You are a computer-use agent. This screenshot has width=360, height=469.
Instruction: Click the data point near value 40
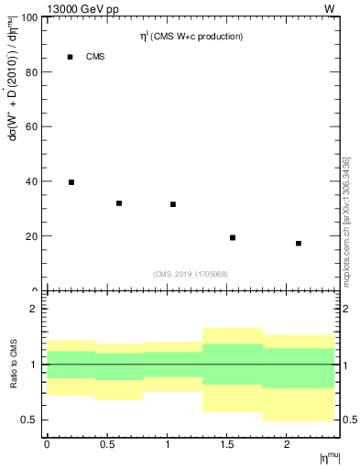click(x=71, y=182)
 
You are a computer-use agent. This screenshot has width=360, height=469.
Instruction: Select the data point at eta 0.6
click(x=119, y=203)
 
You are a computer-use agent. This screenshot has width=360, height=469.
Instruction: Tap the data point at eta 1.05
click(x=173, y=204)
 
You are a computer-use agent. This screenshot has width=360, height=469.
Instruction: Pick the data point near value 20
click(x=233, y=238)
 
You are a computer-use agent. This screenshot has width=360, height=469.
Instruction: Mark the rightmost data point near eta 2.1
click(x=299, y=244)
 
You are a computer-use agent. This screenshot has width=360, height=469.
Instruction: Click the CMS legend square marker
click(x=71, y=57)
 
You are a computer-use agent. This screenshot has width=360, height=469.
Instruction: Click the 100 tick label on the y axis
click(x=30, y=17)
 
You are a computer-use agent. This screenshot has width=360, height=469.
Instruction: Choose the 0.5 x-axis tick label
click(x=106, y=444)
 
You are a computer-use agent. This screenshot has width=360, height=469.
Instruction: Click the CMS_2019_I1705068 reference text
click(x=191, y=273)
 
